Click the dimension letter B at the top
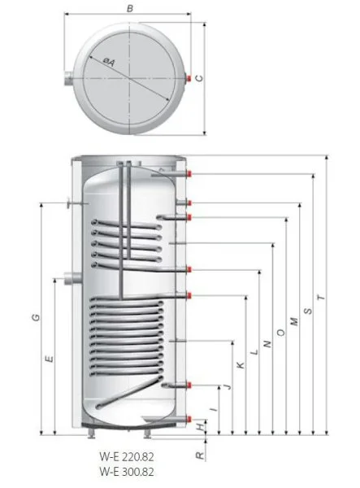(130, 8)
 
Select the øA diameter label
(109, 63)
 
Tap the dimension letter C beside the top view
(199, 78)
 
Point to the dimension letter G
(37, 317)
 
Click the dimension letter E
(49, 359)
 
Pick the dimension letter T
(322, 298)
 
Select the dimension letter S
(308, 311)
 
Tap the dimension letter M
(294, 321)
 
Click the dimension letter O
(280, 333)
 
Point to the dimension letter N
(267, 344)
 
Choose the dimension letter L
(254, 352)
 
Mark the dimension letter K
(241, 365)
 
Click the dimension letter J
(228, 386)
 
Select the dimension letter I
(214, 409)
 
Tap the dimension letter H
(202, 426)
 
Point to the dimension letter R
(200, 456)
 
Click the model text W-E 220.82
(127, 457)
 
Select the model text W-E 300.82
(127, 472)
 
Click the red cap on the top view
(189, 78)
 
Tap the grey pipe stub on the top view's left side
(68, 78)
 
